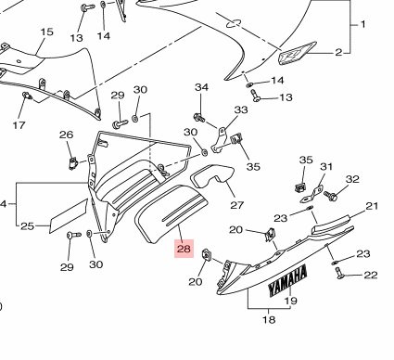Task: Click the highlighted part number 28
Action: point(184,249)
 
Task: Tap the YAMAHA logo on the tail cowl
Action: point(287,280)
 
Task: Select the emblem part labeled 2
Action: point(297,53)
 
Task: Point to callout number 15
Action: point(46,32)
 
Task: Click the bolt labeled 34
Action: point(198,118)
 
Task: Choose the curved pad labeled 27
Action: point(212,175)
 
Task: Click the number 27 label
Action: point(237,205)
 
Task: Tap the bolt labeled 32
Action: point(330,196)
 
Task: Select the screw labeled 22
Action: point(339,273)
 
